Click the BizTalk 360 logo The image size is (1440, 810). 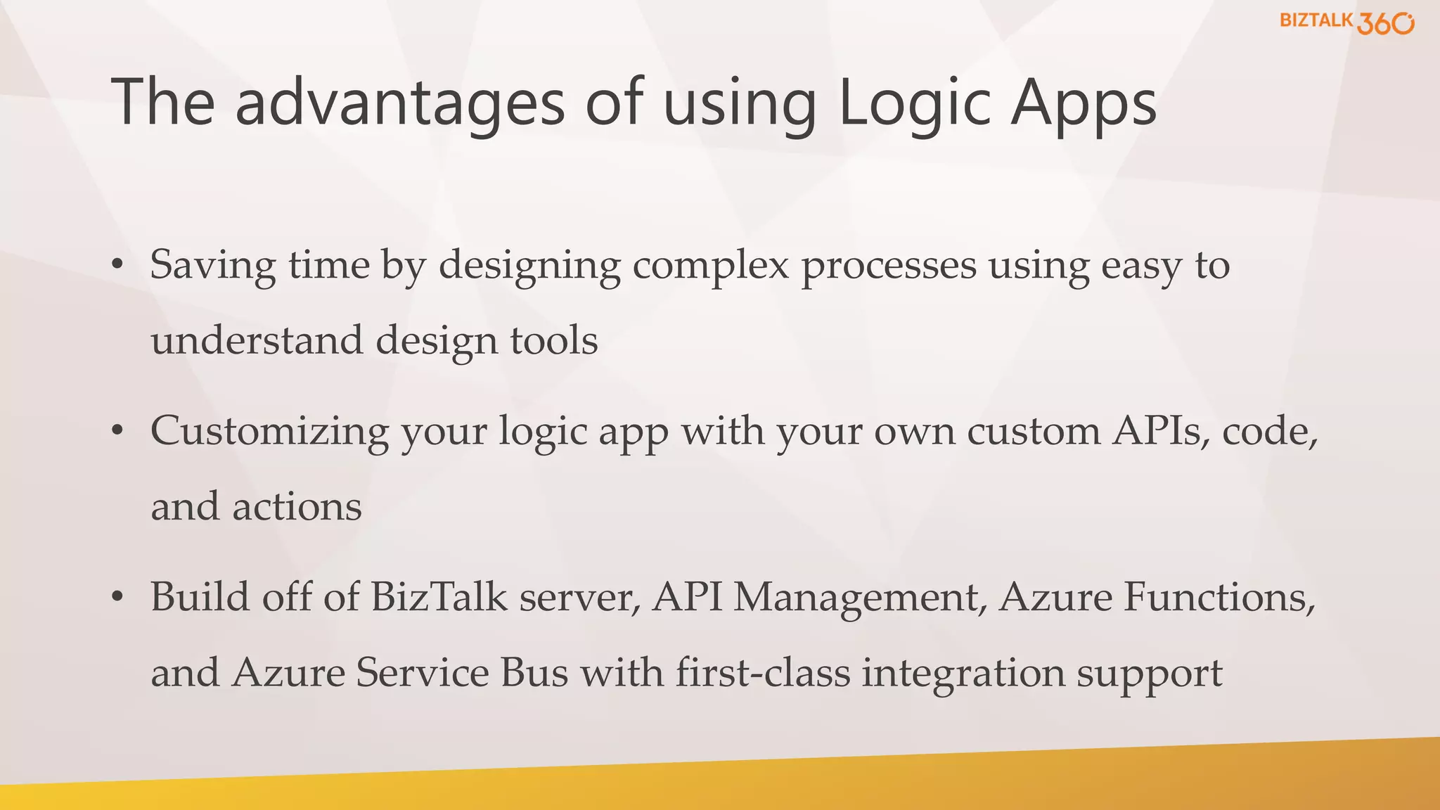coord(1346,22)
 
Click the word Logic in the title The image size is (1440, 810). coord(914,103)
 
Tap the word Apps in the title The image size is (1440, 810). coord(1084,103)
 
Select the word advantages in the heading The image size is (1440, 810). coord(400,103)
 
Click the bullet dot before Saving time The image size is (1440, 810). coord(117,264)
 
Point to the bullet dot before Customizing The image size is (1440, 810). coord(117,430)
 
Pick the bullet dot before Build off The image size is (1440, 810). coord(117,596)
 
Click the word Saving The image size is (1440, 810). coord(212,266)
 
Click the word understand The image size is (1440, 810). coord(257,340)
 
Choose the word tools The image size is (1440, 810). coord(554,340)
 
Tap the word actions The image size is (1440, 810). coord(297,507)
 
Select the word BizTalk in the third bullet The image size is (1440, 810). coord(439,597)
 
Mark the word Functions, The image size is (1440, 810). coord(1219,597)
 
